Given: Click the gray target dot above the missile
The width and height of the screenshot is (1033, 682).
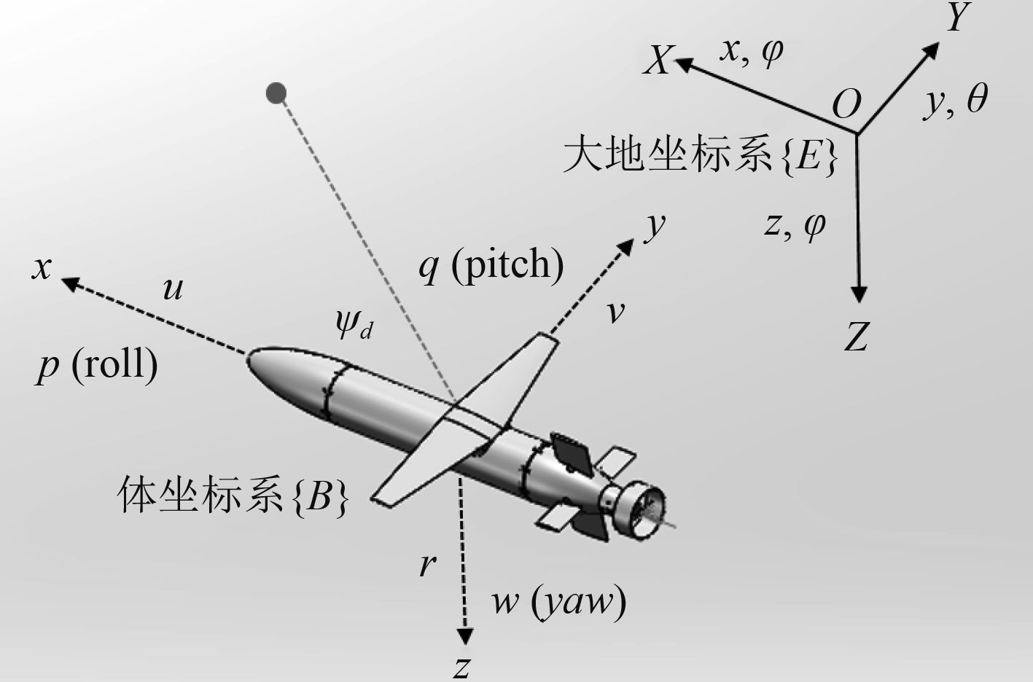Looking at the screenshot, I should pos(276,93).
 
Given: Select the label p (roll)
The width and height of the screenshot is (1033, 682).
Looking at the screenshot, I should pos(97,364).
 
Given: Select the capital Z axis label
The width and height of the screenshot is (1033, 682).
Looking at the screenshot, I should pos(857,337).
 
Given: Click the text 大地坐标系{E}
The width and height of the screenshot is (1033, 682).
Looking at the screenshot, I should pos(700,156).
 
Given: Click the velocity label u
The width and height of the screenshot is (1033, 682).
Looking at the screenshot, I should pos(172,289).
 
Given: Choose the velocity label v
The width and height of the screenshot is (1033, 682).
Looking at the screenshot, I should pos(616,312).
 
